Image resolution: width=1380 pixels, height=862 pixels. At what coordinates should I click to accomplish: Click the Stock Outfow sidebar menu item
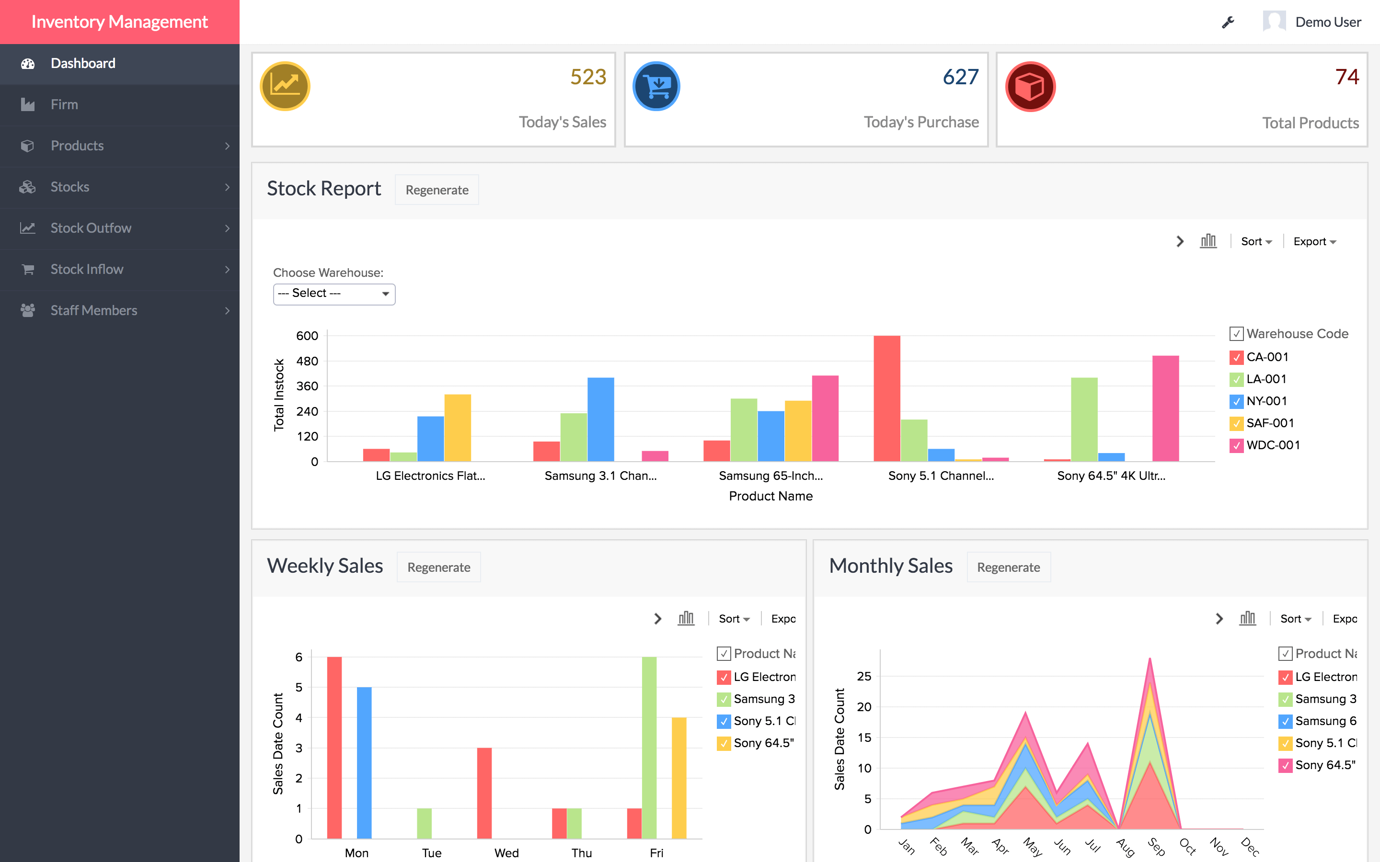point(91,228)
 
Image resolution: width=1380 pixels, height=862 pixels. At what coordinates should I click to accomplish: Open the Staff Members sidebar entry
point(94,310)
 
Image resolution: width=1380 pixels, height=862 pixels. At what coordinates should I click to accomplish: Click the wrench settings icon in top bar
point(1228,22)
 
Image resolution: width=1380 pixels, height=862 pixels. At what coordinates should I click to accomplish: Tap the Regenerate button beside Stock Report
point(437,190)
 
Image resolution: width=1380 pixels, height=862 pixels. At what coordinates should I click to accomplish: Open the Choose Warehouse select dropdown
point(334,294)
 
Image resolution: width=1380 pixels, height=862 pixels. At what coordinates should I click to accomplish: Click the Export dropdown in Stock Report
point(1314,242)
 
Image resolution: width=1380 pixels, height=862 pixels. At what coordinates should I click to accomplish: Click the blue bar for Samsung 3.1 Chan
point(600,419)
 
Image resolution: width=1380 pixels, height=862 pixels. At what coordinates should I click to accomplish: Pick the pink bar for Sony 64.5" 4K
point(1165,408)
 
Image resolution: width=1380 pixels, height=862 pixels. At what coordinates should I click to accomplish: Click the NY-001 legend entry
point(1266,401)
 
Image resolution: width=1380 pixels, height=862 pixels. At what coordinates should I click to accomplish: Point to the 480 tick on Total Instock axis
point(307,362)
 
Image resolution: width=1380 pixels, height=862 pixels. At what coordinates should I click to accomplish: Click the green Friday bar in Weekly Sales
point(649,747)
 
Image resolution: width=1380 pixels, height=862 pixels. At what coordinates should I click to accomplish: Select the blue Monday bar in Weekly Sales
point(364,762)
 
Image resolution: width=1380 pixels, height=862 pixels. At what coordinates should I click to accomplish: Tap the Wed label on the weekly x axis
point(506,853)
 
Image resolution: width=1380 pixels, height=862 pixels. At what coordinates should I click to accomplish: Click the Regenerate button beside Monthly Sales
point(1008,567)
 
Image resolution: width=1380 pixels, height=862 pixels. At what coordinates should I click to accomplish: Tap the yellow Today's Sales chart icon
point(285,86)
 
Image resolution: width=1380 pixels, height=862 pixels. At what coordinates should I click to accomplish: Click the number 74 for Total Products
point(1346,77)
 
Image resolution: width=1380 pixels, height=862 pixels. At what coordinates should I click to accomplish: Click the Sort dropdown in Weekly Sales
point(733,619)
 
